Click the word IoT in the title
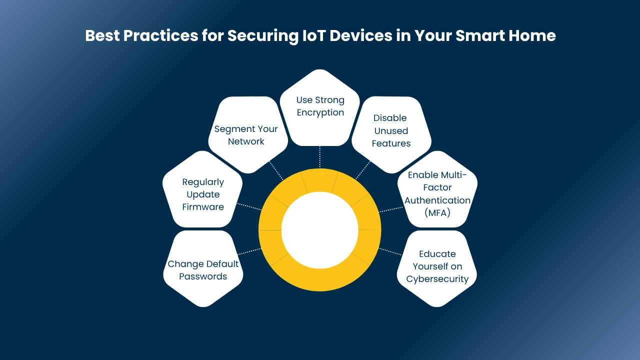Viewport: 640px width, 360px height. click(x=313, y=35)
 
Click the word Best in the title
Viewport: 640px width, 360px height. click(x=102, y=35)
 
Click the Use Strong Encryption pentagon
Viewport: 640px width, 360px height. click(x=319, y=108)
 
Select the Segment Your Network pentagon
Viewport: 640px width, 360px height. click(x=248, y=134)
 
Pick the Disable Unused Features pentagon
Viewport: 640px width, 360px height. click(x=391, y=134)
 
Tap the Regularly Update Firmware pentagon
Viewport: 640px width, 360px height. click(x=202, y=189)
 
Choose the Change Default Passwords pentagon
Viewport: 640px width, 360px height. click(x=203, y=268)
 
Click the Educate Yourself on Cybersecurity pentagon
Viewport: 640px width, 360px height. click(x=437, y=268)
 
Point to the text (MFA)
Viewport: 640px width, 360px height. click(x=437, y=213)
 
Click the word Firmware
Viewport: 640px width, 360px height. click(x=203, y=207)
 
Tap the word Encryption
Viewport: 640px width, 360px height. click(x=320, y=113)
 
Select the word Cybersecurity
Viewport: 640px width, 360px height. click(x=437, y=279)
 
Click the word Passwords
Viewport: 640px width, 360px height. click(x=203, y=276)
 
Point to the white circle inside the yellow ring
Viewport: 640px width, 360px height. click(x=319, y=230)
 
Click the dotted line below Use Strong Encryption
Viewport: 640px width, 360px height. click(x=319, y=157)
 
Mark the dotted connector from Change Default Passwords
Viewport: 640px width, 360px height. click(x=249, y=251)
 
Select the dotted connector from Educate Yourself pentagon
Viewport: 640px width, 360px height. click(x=390, y=251)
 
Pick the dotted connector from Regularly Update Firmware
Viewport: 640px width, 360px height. click(x=249, y=206)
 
